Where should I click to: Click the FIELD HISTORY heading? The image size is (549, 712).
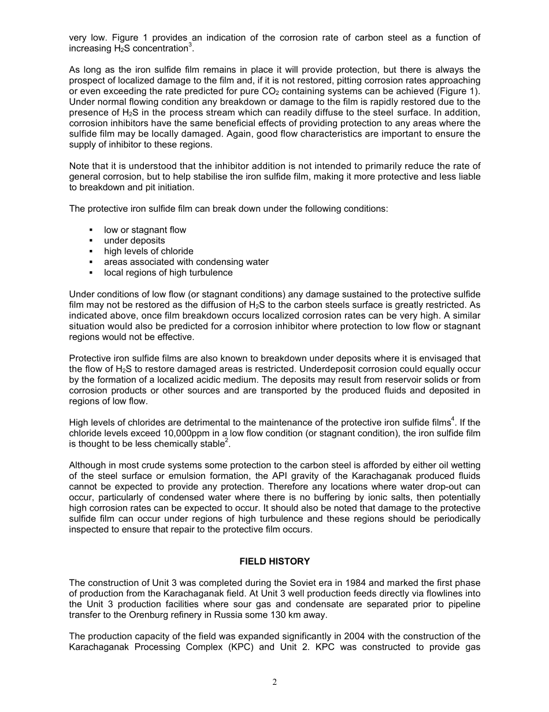coord(274,561)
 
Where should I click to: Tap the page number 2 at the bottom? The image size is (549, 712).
coord(274,683)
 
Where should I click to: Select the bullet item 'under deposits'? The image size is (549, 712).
coord(134,241)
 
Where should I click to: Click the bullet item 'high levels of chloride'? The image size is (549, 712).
coord(149,251)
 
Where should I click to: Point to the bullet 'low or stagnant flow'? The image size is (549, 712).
coord(145,230)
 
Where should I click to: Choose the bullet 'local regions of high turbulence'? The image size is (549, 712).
coord(168,272)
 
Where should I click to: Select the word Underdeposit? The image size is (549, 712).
coord(334,369)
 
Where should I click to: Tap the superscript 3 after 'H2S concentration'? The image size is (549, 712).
coord(190,46)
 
